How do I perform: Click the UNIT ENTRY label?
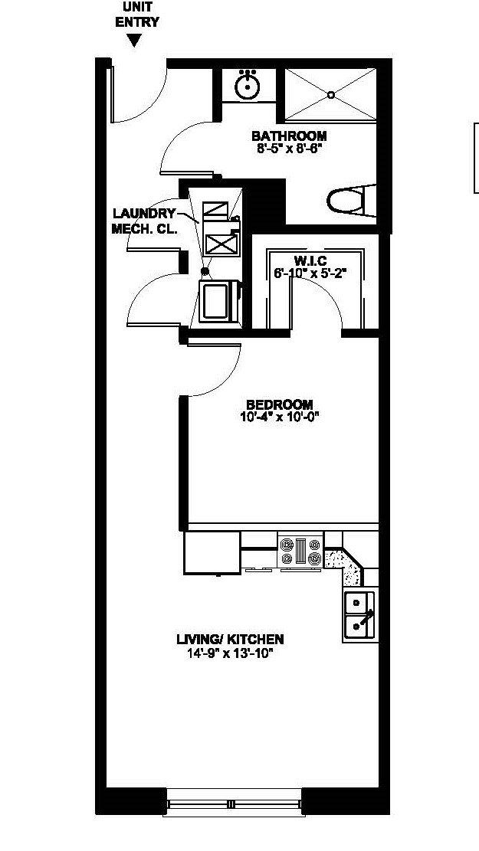(137, 15)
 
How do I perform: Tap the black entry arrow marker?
(134, 41)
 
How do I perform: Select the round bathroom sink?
(247, 87)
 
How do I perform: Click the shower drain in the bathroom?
(331, 95)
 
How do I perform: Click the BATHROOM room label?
(288, 136)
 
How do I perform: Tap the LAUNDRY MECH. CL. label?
(145, 221)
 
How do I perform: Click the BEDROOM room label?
(279, 404)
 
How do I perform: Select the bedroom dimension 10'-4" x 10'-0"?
(279, 417)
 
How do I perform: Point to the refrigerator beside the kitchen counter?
(212, 553)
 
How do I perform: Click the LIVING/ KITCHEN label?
(230, 639)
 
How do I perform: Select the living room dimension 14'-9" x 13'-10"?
(230, 653)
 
